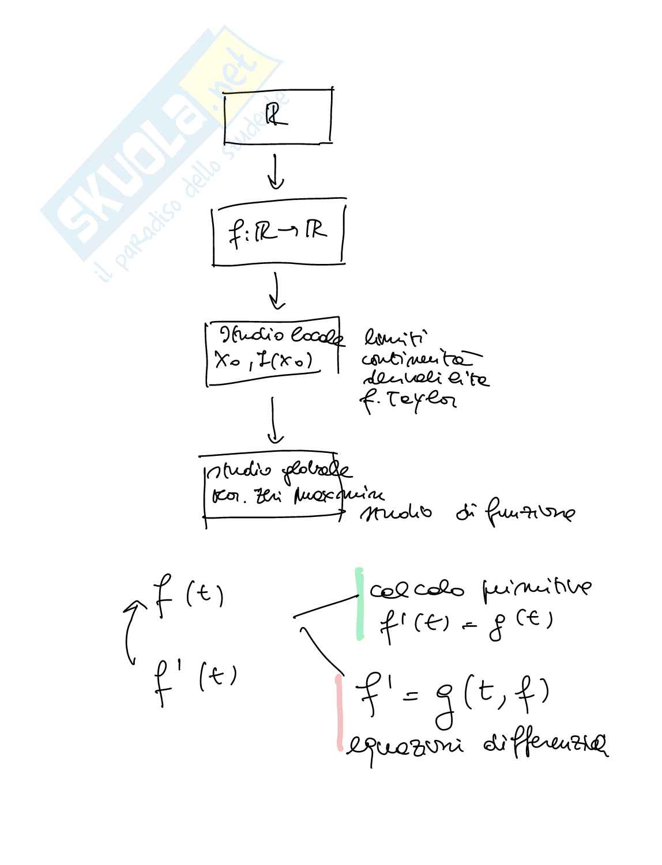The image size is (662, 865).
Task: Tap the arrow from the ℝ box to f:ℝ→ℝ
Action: pyautogui.click(x=276, y=171)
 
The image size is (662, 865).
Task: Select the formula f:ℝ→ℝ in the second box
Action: pyautogui.click(x=277, y=232)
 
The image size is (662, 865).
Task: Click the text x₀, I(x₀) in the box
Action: pyautogui.click(x=263, y=361)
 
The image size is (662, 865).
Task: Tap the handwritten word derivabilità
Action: pyautogui.click(x=426, y=379)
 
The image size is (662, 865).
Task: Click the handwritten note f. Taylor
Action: pyautogui.click(x=407, y=398)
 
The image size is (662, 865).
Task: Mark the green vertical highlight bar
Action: pyautogui.click(x=359, y=603)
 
